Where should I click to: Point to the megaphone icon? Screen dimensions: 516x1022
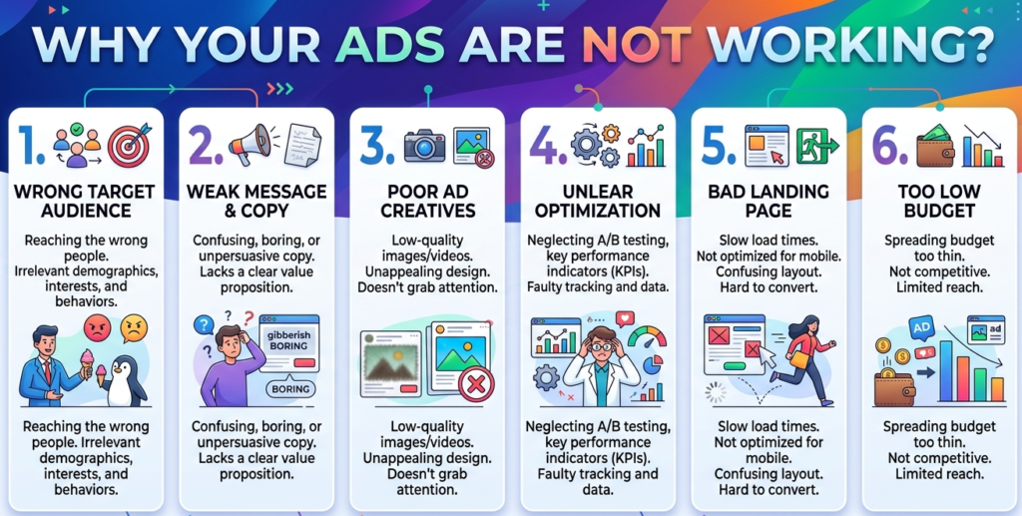click(249, 146)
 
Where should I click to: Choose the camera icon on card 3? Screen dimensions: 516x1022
click(423, 146)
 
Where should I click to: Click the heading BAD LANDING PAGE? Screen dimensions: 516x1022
click(768, 201)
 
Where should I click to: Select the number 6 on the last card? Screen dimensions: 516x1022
click(883, 146)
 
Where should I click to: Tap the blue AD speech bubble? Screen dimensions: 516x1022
click(921, 325)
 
